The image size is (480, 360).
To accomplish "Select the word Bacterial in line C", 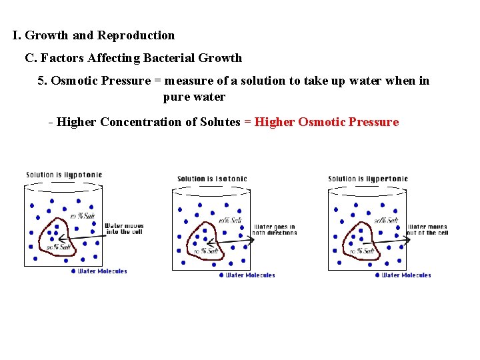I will tap(169, 58).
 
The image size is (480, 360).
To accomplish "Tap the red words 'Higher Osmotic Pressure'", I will tap(327, 122).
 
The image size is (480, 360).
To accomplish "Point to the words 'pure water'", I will tap(194, 97).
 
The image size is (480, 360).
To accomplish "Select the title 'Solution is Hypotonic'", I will tap(64, 175).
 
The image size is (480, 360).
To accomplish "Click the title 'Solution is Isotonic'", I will tap(212, 179).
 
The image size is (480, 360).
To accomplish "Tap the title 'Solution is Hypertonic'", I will tap(368, 179).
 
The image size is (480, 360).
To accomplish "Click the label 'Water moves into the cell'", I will tap(124, 229).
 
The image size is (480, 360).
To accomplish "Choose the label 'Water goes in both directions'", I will tap(273, 230).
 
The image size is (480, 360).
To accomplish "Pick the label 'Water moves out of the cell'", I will tap(428, 230).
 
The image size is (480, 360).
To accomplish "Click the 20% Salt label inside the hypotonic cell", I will tap(57, 247).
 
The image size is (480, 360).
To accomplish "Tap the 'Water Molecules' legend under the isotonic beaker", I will tap(250, 275).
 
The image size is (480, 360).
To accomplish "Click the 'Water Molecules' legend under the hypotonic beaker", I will tap(102, 271).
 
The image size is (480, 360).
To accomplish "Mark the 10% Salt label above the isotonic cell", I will tap(230, 221).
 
